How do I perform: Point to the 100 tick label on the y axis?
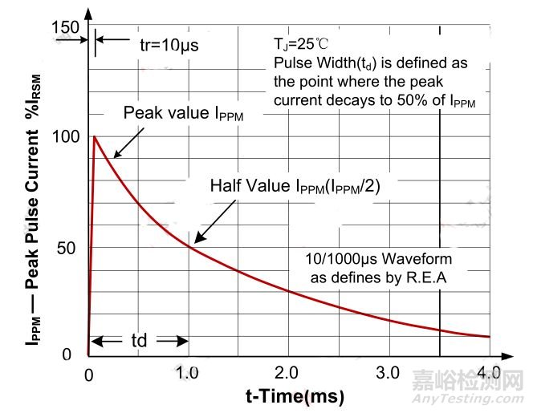click(x=67, y=136)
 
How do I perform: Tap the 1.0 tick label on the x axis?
click(x=188, y=374)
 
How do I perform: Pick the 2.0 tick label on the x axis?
click(x=288, y=374)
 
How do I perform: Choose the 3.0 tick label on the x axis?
click(x=389, y=374)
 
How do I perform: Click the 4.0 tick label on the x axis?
click(x=488, y=374)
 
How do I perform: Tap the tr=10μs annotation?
click(x=163, y=44)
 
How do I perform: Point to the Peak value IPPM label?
click(x=182, y=113)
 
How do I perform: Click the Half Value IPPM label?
click(x=295, y=185)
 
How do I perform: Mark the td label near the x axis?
click(x=138, y=340)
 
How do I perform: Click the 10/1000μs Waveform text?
click(x=379, y=260)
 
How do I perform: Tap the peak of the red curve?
click(x=96, y=136)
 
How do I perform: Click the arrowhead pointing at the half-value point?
click(x=195, y=241)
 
